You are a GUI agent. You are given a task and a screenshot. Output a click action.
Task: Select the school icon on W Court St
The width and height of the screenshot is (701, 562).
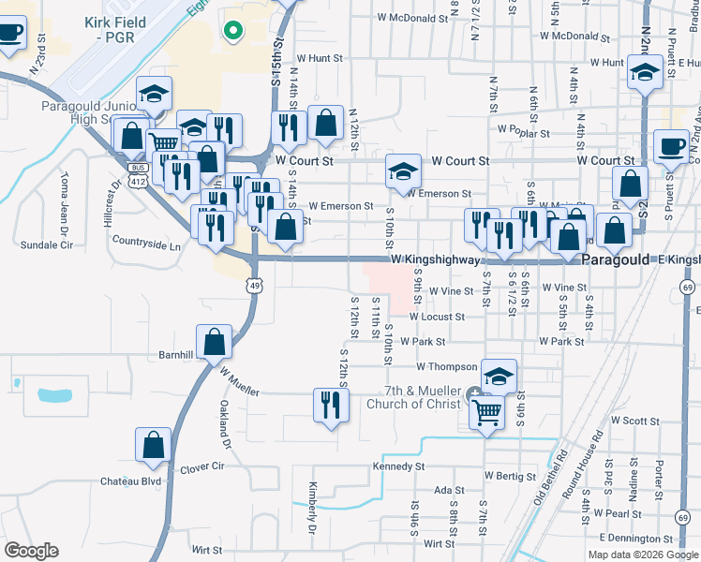404,173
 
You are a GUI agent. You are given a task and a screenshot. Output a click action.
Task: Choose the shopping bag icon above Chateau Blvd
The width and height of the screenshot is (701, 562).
153,447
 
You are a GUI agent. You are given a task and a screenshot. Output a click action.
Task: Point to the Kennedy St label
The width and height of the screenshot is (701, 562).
398,466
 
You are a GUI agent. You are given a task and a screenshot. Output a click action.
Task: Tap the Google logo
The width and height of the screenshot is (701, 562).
31,551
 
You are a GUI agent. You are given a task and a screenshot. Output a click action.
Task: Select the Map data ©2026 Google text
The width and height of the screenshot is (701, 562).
643,555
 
